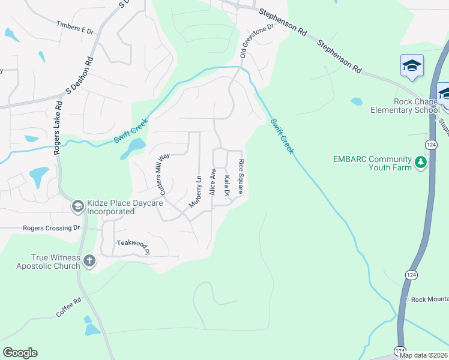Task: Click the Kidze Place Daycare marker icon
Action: (77, 206)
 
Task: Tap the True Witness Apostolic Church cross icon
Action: (89, 260)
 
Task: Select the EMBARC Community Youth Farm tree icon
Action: (421, 163)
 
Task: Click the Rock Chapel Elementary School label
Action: (405, 106)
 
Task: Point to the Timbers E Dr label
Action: (76, 27)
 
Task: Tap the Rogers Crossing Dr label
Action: (51, 228)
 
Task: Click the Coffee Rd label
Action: (68, 305)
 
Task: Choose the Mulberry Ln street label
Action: (194, 191)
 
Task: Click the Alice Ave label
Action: (212, 182)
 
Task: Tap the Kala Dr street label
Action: (227, 185)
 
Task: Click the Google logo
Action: (20, 353)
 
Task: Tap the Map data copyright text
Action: (424, 355)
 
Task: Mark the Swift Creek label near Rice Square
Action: (282, 136)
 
